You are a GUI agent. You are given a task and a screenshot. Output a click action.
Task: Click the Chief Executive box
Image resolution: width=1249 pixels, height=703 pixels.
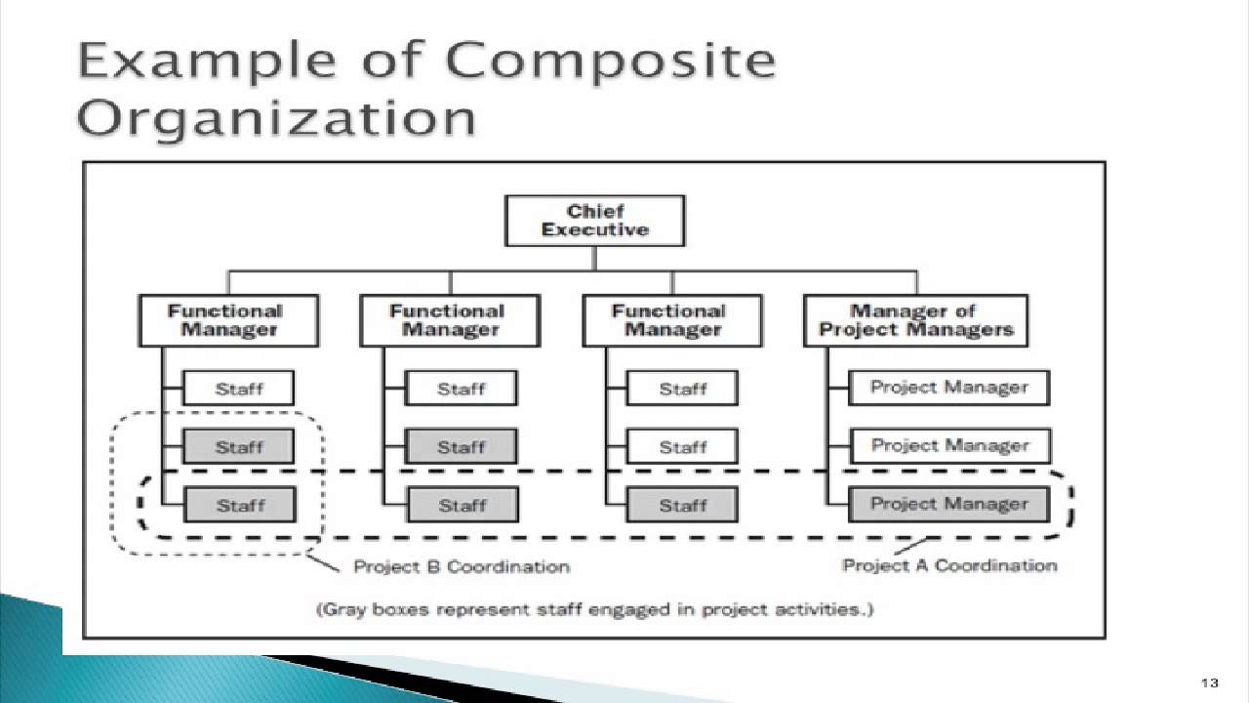[x=594, y=221]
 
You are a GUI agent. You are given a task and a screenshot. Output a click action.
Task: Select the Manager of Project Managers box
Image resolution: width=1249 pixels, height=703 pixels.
[x=915, y=320]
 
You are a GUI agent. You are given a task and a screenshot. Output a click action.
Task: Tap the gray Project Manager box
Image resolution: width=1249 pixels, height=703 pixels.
[x=948, y=505]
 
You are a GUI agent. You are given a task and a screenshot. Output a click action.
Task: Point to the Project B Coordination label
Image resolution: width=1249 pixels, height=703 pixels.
[x=461, y=566]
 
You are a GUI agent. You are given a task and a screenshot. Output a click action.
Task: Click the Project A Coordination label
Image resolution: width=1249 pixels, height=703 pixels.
[x=948, y=565]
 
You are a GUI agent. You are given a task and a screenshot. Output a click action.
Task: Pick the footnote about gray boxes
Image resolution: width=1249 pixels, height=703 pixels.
[x=594, y=610]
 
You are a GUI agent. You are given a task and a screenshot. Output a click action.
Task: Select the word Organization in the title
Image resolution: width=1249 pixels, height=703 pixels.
[x=277, y=119]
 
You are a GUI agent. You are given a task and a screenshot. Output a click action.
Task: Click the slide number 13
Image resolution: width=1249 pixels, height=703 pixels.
[x=1211, y=682]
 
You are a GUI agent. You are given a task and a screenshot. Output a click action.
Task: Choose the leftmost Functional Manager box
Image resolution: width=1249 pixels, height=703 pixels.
[x=229, y=320]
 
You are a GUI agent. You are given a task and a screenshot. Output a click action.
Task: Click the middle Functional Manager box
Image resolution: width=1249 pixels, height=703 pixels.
[x=450, y=320]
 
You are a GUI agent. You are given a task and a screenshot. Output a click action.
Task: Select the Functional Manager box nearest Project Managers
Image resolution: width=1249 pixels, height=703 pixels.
[x=671, y=320]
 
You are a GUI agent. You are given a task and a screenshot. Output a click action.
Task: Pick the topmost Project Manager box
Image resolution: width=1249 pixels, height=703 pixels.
[x=948, y=388]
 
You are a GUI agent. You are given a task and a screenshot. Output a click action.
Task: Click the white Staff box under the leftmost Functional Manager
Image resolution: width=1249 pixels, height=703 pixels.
[x=239, y=389]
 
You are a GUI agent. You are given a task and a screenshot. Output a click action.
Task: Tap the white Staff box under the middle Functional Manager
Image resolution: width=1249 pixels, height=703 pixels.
[x=461, y=389]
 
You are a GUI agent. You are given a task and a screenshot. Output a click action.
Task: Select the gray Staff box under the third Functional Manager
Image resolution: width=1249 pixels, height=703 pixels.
[x=682, y=505]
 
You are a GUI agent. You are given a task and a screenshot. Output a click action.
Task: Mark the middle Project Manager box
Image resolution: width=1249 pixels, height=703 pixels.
[x=948, y=446]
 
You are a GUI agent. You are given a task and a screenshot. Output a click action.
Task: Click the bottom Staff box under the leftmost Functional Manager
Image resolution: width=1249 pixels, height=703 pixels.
[x=239, y=505]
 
